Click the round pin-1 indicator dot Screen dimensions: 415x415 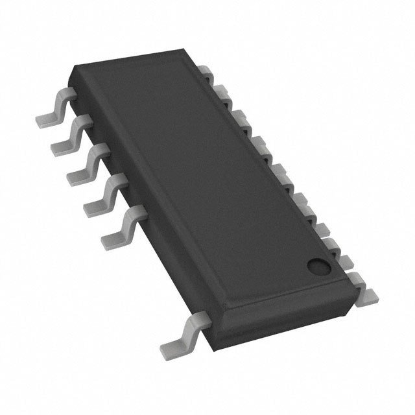pos(317,265)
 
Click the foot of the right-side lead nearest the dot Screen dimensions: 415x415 pos(367,292)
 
